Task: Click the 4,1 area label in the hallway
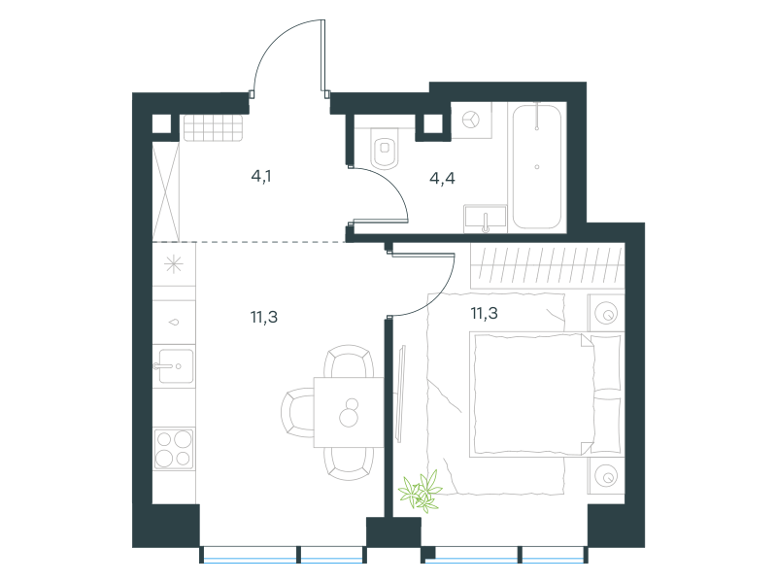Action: coord(261,176)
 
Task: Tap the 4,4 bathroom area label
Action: coord(442,178)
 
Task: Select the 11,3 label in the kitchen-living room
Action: coord(264,317)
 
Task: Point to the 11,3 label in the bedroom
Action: coord(484,313)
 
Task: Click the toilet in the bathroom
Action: coord(385,148)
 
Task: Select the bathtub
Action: coord(537,166)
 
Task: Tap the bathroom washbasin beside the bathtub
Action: coord(486,219)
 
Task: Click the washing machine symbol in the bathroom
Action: coord(471,120)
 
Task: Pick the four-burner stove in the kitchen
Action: coord(174,449)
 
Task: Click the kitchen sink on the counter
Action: coord(175,366)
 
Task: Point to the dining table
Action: coord(349,412)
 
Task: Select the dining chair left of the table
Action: coord(297,412)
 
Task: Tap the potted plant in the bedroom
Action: coord(421,492)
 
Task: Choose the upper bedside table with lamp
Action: coord(606,313)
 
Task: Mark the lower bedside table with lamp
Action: coord(606,475)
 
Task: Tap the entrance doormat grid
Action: coord(213,128)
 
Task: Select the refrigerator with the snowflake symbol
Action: coord(174,263)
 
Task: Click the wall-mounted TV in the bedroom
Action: coord(401,394)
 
